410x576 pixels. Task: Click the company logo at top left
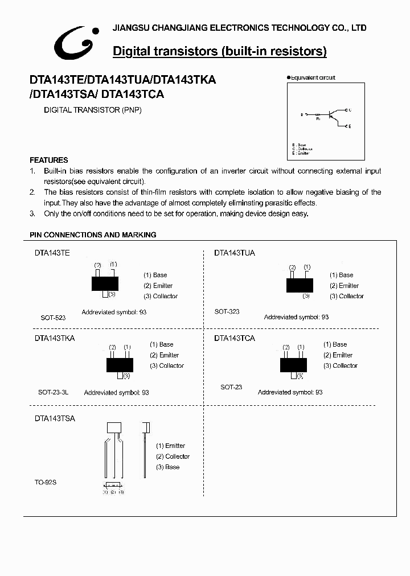(x=77, y=43)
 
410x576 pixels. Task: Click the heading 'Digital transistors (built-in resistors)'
(x=220, y=51)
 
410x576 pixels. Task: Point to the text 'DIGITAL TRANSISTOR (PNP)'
(x=93, y=110)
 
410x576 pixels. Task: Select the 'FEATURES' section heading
(x=49, y=160)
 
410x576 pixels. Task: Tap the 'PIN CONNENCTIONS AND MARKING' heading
(x=93, y=234)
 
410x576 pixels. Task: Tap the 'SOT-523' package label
(x=53, y=318)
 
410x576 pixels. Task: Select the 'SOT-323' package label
(x=227, y=311)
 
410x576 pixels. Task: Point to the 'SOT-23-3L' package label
(x=53, y=392)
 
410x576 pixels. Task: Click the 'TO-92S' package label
(x=46, y=482)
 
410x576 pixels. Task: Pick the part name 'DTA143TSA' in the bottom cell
(x=55, y=418)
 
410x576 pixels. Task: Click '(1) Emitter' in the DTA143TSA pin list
(x=171, y=446)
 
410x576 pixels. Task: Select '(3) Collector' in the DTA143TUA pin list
(x=346, y=296)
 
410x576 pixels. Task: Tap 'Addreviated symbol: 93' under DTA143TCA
(x=290, y=392)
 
